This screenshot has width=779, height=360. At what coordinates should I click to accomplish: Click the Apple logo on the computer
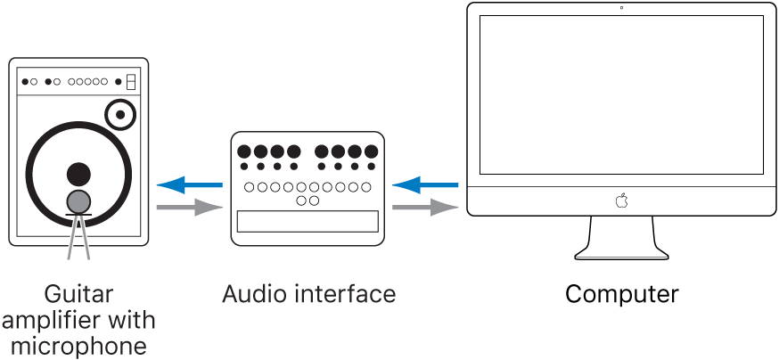pyautogui.click(x=621, y=201)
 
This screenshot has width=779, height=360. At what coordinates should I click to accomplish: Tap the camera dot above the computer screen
pyautogui.click(x=621, y=9)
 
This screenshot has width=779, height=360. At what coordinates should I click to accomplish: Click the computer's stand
pyautogui.click(x=621, y=238)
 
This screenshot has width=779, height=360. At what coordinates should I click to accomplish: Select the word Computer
pyautogui.click(x=621, y=294)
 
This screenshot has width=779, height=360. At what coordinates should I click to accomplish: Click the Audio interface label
pyautogui.click(x=308, y=294)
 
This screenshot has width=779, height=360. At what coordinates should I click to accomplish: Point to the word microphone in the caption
pyautogui.click(x=78, y=345)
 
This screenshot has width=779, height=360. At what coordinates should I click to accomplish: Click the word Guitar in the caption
pyautogui.click(x=78, y=294)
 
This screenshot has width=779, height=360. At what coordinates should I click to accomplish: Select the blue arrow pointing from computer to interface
pyautogui.click(x=425, y=185)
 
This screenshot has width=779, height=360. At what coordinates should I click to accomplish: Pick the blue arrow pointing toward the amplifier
pyautogui.click(x=189, y=185)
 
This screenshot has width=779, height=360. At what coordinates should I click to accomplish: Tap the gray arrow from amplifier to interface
pyautogui.click(x=189, y=208)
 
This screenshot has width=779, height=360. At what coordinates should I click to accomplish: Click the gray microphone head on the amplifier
pyautogui.click(x=79, y=201)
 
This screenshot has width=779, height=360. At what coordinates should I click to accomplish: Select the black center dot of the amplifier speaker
pyautogui.click(x=79, y=173)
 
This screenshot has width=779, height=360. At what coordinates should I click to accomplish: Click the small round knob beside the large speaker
pyautogui.click(x=119, y=114)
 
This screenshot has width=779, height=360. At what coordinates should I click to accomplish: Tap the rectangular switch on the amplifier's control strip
pyautogui.click(x=130, y=81)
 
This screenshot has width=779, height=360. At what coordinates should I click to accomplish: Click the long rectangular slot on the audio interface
pyautogui.click(x=307, y=222)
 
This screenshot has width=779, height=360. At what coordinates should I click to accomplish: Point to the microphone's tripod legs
pyautogui.click(x=79, y=239)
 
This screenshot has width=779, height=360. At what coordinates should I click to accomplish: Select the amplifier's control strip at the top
pyautogui.click(x=78, y=82)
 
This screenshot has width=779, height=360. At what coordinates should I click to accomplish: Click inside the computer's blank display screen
pyautogui.click(x=621, y=94)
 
